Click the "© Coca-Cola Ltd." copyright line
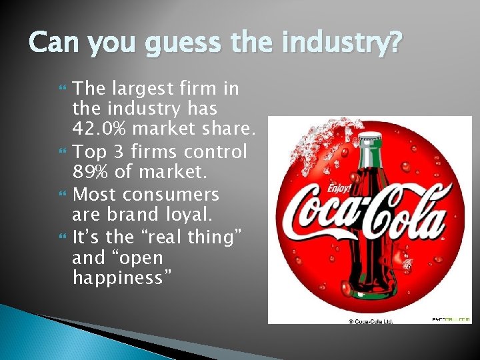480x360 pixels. [x=371, y=321]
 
